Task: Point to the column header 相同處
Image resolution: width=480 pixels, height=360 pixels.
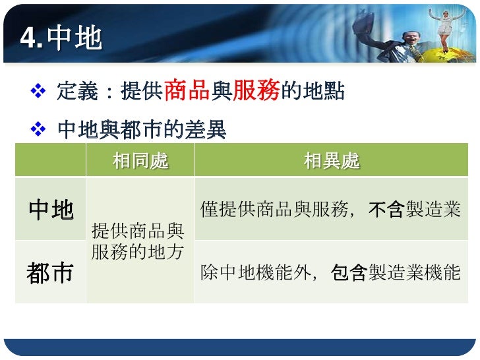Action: [140, 160]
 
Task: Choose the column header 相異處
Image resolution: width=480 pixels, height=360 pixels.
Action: [332, 160]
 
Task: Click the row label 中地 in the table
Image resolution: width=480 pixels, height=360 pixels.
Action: [51, 210]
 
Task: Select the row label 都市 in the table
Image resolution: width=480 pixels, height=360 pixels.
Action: [51, 272]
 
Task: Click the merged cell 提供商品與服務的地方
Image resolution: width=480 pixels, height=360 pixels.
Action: [138, 241]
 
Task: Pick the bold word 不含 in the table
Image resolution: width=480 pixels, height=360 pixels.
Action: [386, 210]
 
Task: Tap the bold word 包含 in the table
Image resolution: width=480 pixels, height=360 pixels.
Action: [349, 272]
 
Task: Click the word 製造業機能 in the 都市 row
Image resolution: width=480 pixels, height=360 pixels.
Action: [414, 272]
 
